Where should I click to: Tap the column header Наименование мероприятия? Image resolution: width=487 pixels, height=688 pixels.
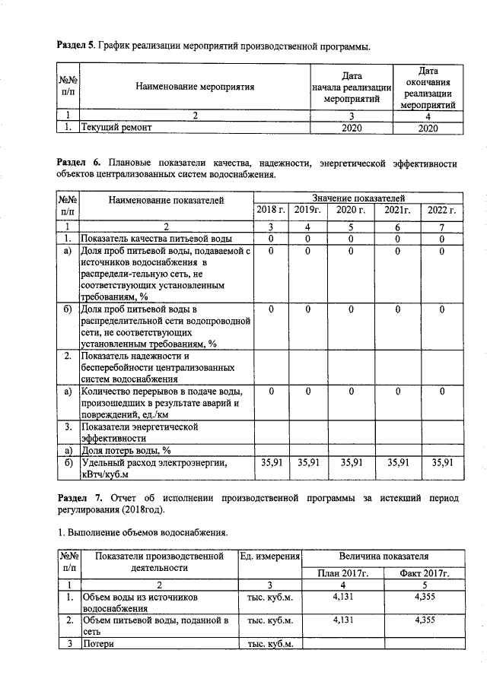[195, 87]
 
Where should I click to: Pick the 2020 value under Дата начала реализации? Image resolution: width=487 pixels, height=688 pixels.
[351, 128]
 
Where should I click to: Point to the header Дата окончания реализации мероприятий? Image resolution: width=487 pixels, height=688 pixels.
[428, 87]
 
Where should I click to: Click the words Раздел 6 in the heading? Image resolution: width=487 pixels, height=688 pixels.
[79, 163]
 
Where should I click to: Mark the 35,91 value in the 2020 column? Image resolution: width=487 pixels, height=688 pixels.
[351, 461]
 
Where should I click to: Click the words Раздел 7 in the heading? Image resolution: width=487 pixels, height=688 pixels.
[79, 497]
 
